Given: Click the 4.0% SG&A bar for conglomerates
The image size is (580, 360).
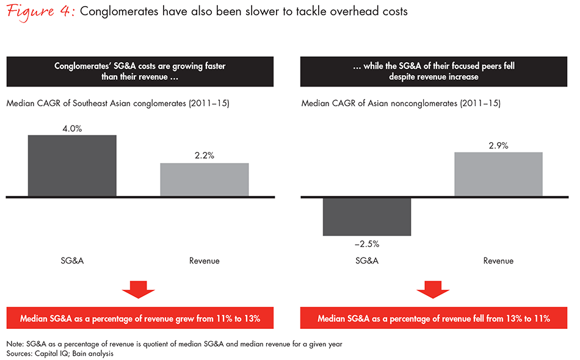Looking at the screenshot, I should click(72, 165).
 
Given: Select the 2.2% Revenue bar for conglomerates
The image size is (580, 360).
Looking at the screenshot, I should click(204, 180).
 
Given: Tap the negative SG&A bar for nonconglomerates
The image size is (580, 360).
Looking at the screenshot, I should click(367, 217).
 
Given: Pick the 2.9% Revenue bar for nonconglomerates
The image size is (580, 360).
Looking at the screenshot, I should click(498, 175).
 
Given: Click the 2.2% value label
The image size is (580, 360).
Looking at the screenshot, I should click(204, 156).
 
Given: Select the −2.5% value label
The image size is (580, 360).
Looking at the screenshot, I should click(367, 243).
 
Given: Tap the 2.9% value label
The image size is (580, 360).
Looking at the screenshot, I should click(498, 145).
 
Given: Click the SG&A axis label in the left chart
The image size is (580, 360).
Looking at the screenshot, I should click(72, 261).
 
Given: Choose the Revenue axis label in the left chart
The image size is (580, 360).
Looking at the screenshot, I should click(204, 261).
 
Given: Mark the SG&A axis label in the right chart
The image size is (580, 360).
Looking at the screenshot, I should click(367, 261).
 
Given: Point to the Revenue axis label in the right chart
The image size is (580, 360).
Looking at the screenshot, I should click(498, 261).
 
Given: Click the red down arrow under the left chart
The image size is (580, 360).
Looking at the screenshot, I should click(140, 290).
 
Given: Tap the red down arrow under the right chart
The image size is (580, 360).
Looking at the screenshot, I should click(434, 290).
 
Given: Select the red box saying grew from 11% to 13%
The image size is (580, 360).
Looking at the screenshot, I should click(140, 319).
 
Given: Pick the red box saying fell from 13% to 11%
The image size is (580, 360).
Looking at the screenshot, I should click(434, 319).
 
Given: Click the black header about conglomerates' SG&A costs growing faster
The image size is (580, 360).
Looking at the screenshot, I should click(140, 71).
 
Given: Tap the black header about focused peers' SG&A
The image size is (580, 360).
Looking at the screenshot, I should click(434, 71).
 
